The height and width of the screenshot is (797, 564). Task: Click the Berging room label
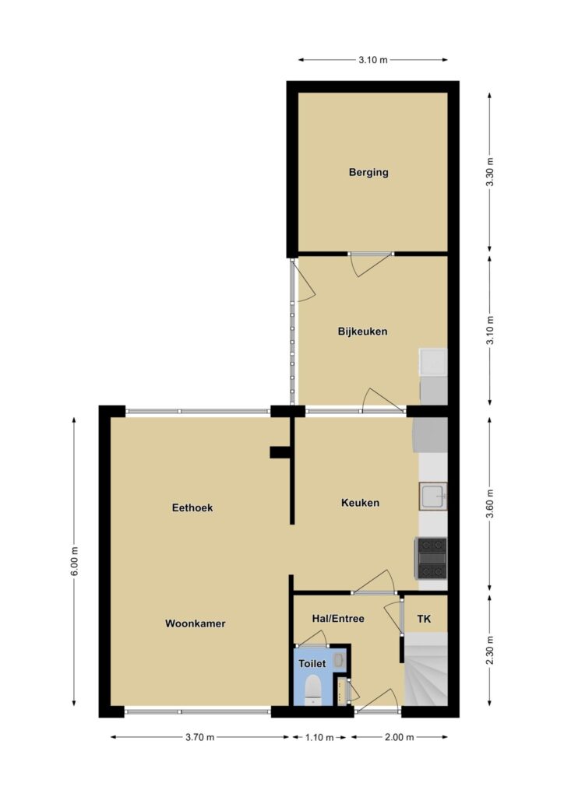[368, 172]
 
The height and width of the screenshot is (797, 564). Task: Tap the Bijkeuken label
[362, 332]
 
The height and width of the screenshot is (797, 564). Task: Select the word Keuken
[360, 503]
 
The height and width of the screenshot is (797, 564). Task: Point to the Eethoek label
[192, 507]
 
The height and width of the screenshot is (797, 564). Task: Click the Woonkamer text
[195, 623]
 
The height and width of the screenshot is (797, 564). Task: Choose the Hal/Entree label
[338, 619]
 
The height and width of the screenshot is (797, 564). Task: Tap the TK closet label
[424, 619]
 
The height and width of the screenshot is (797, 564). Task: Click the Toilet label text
[312, 663]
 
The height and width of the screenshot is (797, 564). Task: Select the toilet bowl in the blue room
[312, 690]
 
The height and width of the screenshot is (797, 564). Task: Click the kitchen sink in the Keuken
[433, 496]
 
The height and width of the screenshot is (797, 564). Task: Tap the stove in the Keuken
[432, 558]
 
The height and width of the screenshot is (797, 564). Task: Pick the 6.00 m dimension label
[74, 561]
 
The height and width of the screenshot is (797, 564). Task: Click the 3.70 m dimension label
[200, 737]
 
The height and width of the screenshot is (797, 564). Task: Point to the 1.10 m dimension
[319, 737]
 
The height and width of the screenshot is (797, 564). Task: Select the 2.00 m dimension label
[399, 737]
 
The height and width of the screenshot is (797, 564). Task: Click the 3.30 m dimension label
[490, 172]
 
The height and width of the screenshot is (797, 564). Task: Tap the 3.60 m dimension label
[490, 504]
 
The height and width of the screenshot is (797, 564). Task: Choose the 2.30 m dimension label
[490, 650]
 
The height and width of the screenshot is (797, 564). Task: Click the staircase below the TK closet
[426, 669]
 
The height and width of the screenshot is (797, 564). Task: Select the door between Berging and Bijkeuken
[370, 264]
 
